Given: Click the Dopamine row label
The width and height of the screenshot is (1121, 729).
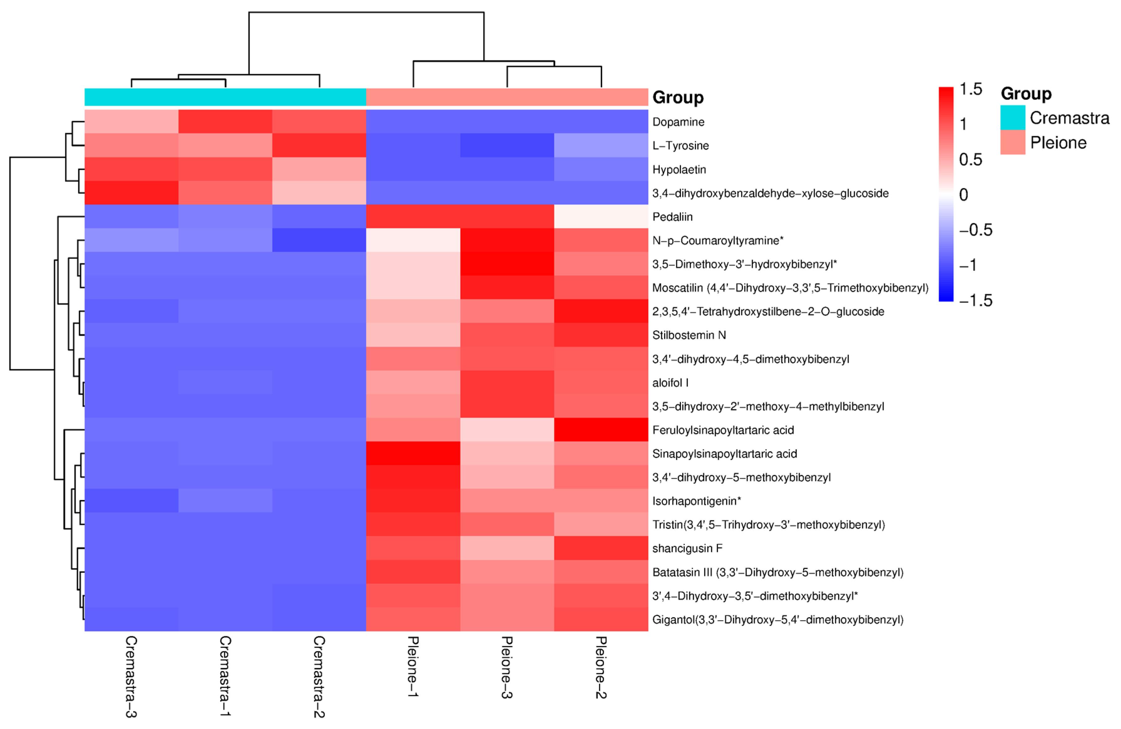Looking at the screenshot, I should (x=678, y=122).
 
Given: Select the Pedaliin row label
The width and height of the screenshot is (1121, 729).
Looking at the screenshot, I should (x=672, y=217).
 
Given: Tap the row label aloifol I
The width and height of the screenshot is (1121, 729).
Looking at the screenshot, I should (x=670, y=383).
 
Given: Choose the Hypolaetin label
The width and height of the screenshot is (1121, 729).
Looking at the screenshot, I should (x=679, y=170).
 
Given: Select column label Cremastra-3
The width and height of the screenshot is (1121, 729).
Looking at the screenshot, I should (x=131, y=676).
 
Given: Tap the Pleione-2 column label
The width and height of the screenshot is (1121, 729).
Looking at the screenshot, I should (x=601, y=667).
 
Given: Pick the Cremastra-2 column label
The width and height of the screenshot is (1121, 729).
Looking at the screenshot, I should (x=319, y=676).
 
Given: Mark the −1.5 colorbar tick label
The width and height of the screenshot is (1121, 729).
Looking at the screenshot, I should (x=975, y=300).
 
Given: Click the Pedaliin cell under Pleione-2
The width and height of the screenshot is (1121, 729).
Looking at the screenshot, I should (x=601, y=217).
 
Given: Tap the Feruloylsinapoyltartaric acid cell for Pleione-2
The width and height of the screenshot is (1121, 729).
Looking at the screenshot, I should (x=601, y=430).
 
